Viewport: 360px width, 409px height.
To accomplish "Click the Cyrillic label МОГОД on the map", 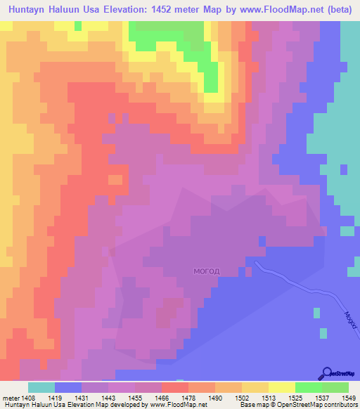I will (x=207, y=271).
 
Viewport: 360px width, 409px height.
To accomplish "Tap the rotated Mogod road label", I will (x=349, y=320).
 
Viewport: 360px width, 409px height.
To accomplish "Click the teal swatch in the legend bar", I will (x=41, y=387).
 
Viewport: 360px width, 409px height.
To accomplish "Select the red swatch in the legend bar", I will (x=175, y=387).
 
